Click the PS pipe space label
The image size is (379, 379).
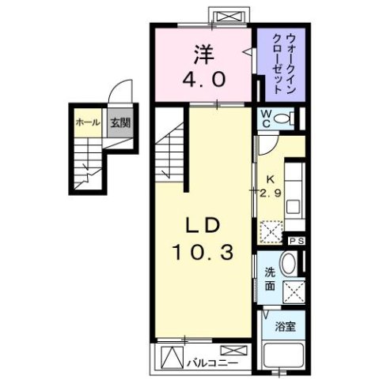pos(296,241)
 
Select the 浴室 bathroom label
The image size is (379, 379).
pos(284,326)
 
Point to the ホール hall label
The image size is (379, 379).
pos(87,122)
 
